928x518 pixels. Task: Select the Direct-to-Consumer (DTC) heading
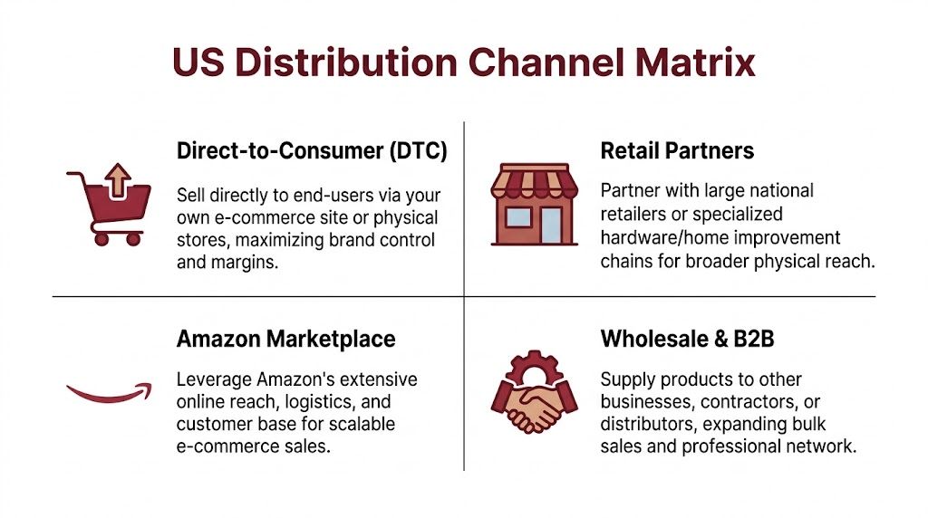pos(312,151)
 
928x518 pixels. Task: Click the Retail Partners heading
pos(677,150)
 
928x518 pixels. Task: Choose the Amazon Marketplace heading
pos(286,340)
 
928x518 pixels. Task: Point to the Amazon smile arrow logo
pos(108,391)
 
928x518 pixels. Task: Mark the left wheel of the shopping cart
pos(101,239)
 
